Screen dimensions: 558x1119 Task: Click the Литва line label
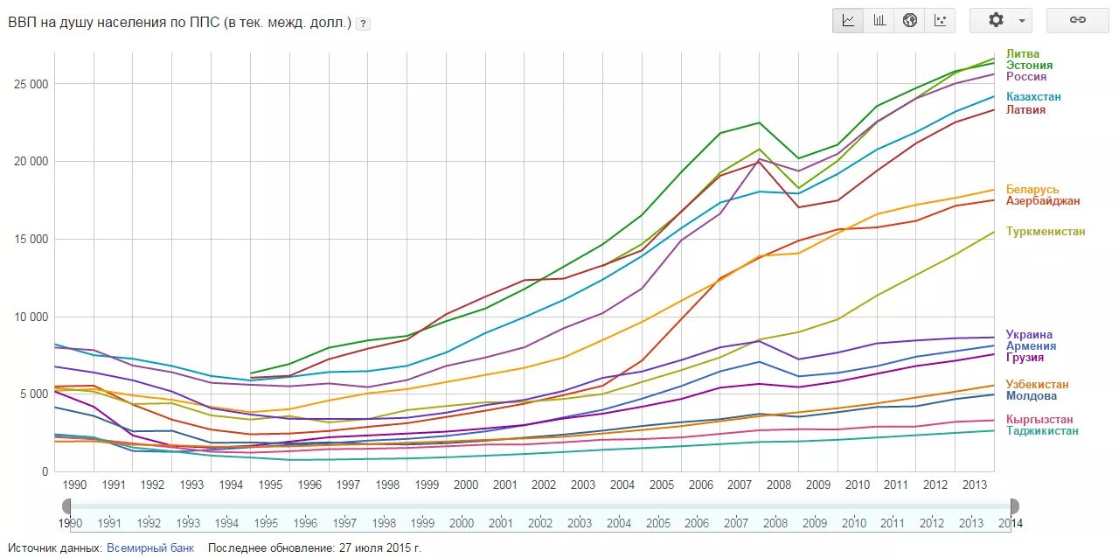[1023, 54]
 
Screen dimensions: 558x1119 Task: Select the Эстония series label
[1029, 66]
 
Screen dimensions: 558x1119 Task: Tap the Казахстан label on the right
[1033, 97]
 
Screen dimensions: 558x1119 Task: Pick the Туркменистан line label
[1046, 232]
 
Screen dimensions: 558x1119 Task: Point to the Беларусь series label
[1032, 190]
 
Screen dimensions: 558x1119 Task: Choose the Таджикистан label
[1042, 431]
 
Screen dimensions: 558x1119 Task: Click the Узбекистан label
[1037, 385]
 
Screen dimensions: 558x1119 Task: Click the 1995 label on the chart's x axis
[270, 485]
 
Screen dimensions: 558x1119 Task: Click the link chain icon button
[1077, 20]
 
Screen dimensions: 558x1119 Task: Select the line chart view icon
[848, 20]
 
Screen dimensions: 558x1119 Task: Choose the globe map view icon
[909, 20]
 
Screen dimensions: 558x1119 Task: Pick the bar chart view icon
[879, 20]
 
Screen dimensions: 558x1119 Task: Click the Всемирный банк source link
[149, 548]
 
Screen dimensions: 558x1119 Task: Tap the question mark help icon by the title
[363, 24]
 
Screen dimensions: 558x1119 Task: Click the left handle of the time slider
[66, 506]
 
